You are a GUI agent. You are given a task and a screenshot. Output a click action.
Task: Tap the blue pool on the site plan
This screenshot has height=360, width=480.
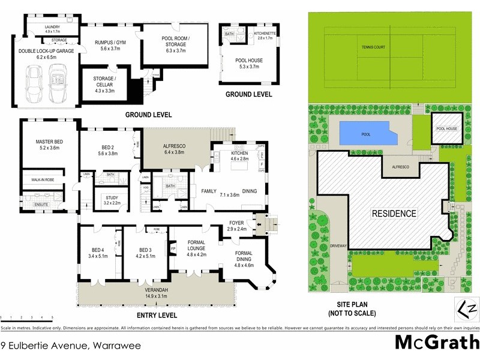pos(365,134)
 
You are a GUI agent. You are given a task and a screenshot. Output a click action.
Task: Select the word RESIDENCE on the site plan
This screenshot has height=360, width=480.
pos(393,213)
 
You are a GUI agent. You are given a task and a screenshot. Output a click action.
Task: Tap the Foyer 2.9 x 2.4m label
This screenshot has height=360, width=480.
pos(237,226)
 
